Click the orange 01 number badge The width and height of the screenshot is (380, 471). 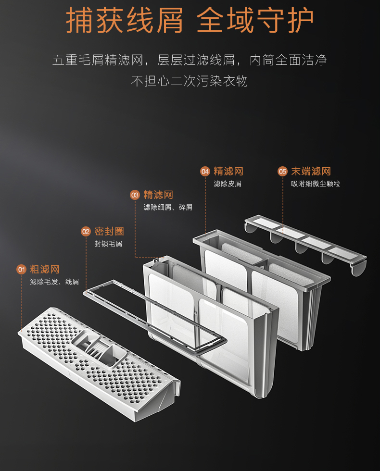21,269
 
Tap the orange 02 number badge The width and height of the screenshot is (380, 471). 86,232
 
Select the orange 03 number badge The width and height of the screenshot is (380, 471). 135,195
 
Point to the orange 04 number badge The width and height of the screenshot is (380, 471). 205,172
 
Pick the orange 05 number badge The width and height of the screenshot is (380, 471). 282,172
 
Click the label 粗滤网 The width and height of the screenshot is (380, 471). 45,269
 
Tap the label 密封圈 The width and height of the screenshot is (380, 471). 109,232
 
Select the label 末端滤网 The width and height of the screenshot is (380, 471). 311,172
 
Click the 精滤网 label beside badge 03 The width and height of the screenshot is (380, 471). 158,195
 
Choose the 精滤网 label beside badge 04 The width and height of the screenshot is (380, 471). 228,172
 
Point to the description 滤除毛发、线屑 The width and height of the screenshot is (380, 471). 54,282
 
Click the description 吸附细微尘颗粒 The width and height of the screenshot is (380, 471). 316,184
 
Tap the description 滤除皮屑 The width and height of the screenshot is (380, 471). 228,184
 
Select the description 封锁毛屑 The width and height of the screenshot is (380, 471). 108,244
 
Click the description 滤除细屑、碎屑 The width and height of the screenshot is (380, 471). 168,207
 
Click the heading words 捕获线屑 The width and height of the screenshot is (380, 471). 124,20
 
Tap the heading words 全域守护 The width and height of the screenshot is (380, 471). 255,20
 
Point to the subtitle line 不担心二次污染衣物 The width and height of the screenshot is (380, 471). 190,81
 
